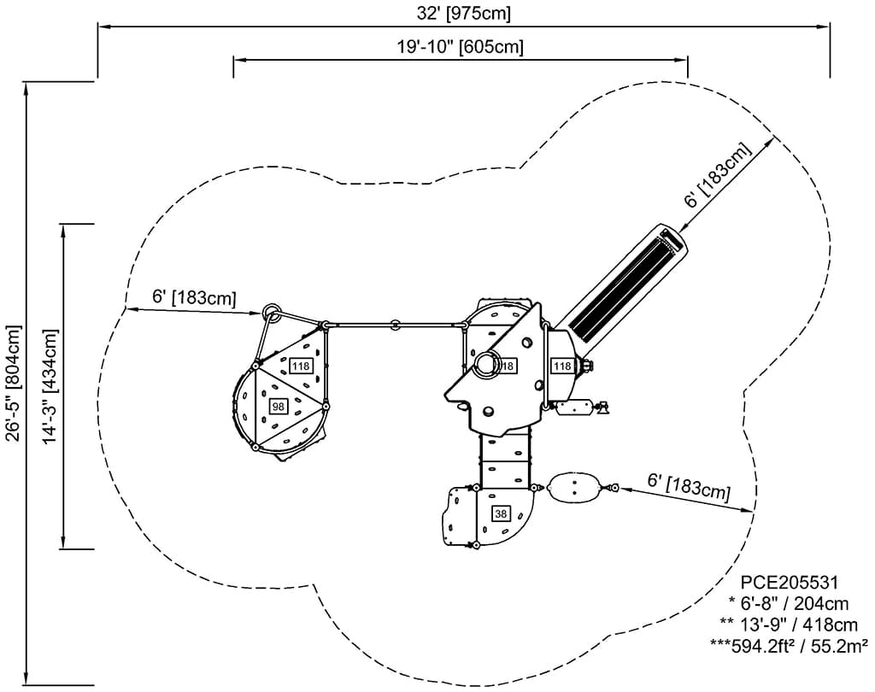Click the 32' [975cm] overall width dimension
462,14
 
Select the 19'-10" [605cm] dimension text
460,47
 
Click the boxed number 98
278,407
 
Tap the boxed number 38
501,513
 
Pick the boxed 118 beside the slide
561,366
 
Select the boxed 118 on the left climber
300,366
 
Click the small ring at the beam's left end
272,311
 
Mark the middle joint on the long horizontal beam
395,325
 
